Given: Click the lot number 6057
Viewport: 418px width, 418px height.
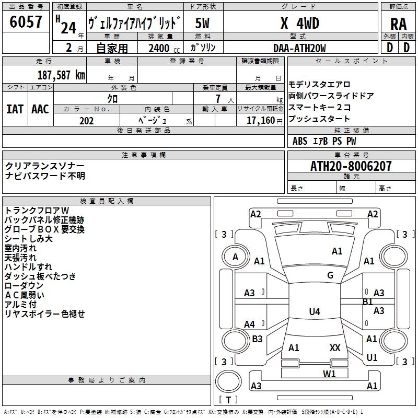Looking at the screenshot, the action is [26, 22].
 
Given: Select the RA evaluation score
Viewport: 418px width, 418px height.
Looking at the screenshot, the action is [398, 24].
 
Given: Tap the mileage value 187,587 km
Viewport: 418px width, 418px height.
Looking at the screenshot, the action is [61, 74].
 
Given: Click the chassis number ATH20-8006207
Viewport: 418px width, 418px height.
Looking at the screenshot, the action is [351, 166].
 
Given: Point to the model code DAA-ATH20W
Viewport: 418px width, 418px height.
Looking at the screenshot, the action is [299, 48].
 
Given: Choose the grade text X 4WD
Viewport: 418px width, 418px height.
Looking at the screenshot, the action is [299, 24].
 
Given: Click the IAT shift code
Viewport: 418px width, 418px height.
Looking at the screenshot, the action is [15, 109].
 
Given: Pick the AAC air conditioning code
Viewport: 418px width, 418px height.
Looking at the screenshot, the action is [40, 109].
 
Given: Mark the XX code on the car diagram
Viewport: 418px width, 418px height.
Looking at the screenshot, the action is [335, 347].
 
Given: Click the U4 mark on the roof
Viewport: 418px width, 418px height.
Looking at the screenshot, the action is [314, 312].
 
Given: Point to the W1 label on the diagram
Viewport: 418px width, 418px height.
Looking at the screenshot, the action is [329, 373].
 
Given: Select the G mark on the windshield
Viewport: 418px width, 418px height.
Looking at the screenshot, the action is [330, 275].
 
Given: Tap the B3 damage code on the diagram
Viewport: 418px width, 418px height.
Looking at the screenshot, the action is [257, 339].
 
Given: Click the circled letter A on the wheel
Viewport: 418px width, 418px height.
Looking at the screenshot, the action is [235, 257].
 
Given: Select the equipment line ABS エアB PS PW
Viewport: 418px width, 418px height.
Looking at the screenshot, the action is [324, 141].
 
